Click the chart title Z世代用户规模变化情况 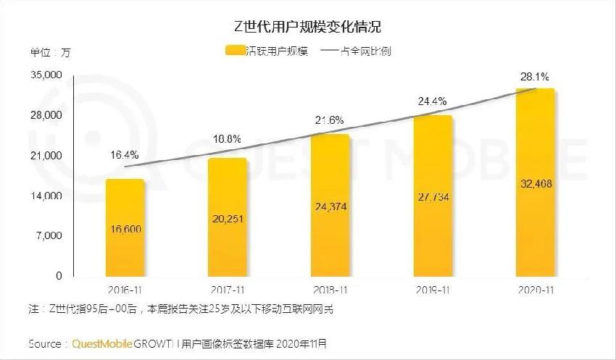[x=307, y=27]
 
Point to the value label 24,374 [x=330, y=206]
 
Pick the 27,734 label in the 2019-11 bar [x=433, y=197]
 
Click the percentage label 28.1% [x=534, y=76]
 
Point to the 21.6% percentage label [x=329, y=120]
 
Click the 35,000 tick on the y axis [x=46, y=75]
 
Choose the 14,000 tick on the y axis [x=46, y=196]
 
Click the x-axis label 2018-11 [x=330, y=290]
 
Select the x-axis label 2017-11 [x=227, y=290]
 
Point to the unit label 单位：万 [x=50, y=52]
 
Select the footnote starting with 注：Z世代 [x=182, y=310]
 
